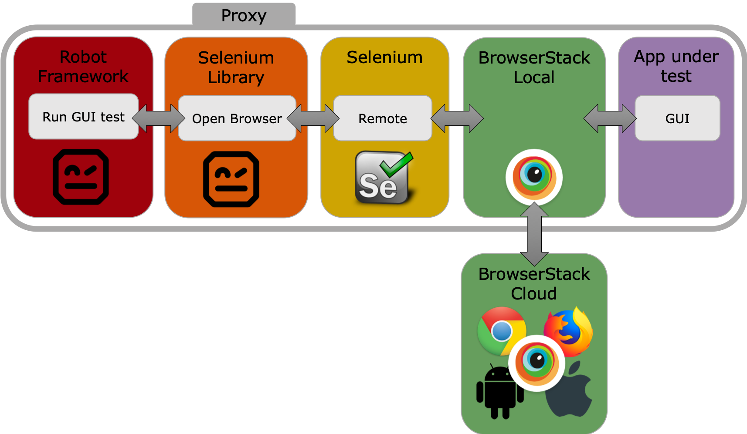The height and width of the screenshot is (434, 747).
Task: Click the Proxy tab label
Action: [x=244, y=15]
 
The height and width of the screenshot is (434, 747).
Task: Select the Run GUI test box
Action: [x=83, y=117]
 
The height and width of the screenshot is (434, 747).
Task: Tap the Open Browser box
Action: [x=237, y=118]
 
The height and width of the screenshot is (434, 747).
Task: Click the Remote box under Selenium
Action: [x=382, y=118]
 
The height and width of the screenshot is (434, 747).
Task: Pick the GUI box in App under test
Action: [x=677, y=118]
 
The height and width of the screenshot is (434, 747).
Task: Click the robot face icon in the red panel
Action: [x=81, y=177]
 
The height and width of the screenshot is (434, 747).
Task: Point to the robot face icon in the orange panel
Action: [x=231, y=179]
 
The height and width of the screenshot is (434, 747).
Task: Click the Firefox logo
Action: [x=568, y=331]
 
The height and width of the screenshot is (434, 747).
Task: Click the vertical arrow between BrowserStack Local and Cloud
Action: [x=534, y=234]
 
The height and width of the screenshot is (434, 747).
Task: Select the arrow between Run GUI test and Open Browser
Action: [x=159, y=118]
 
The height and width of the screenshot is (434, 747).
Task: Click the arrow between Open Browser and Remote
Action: [x=313, y=118]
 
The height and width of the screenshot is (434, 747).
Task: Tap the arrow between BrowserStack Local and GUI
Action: [x=610, y=118]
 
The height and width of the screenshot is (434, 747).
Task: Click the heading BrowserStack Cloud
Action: [x=534, y=284]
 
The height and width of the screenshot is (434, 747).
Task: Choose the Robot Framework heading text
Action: [x=83, y=67]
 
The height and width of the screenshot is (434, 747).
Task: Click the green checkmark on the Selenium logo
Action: [x=397, y=163]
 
